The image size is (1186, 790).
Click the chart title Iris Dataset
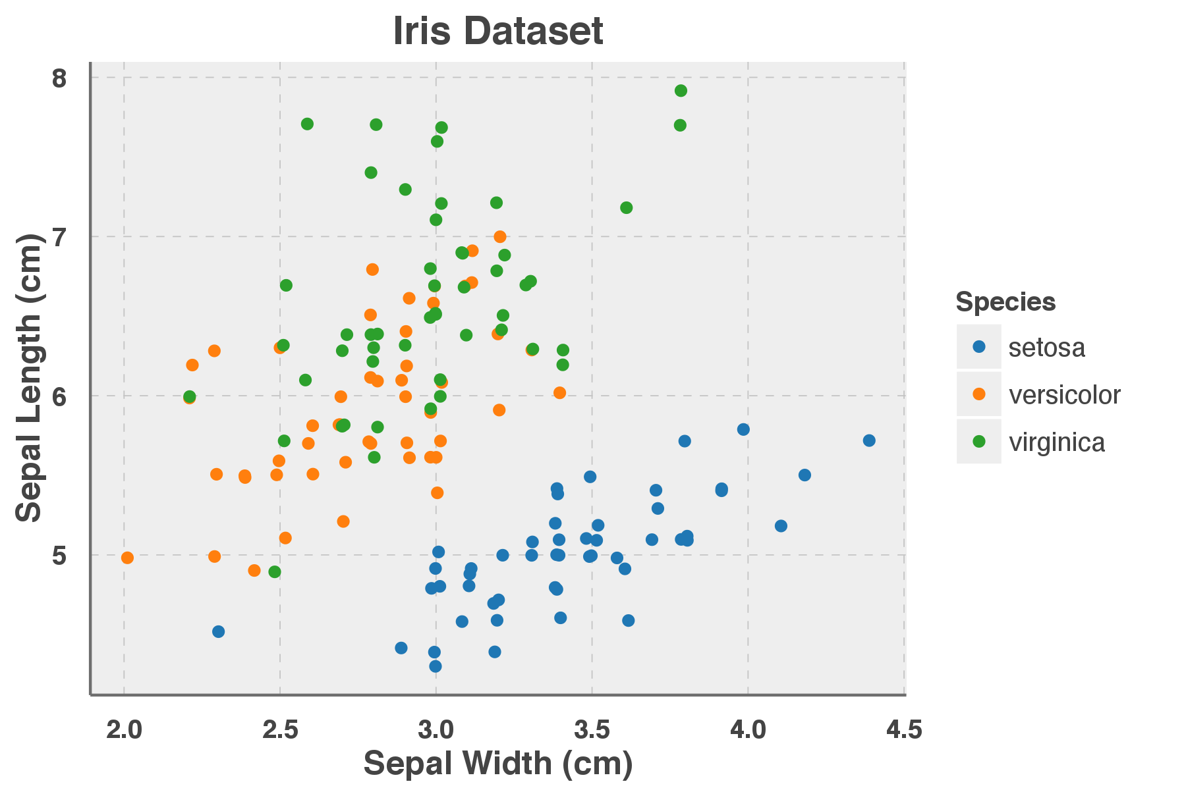click(498, 31)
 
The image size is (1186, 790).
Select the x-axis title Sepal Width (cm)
click(498, 764)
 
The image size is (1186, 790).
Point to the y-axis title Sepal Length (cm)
click(29, 378)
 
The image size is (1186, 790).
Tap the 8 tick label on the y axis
click(59, 78)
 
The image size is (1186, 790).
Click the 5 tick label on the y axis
click(59, 556)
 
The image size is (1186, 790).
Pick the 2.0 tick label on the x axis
click(124, 730)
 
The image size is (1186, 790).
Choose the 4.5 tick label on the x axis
click(904, 730)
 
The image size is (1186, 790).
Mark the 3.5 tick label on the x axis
click(592, 730)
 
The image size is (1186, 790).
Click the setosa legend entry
click(1046, 347)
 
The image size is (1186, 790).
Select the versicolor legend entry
click(1064, 394)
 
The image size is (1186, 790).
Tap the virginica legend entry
click(1056, 442)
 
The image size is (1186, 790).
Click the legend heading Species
click(1005, 302)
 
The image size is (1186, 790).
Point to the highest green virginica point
click(681, 91)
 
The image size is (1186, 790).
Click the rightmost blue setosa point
click(869, 440)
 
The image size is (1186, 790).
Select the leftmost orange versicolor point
click(127, 558)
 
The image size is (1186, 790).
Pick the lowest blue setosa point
click(436, 666)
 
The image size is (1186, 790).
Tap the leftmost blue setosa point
click(219, 631)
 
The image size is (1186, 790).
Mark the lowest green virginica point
click(275, 572)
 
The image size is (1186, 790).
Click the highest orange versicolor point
click(500, 237)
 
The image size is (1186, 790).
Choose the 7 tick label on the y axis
click(59, 237)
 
